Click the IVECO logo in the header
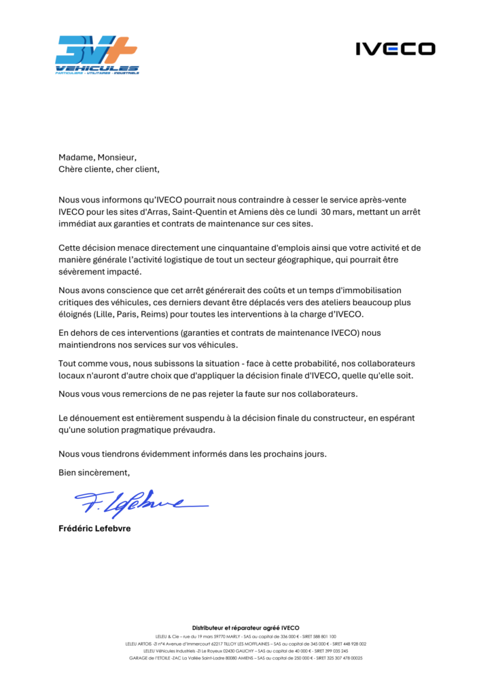click(x=396, y=48)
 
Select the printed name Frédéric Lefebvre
click(x=94, y=528)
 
